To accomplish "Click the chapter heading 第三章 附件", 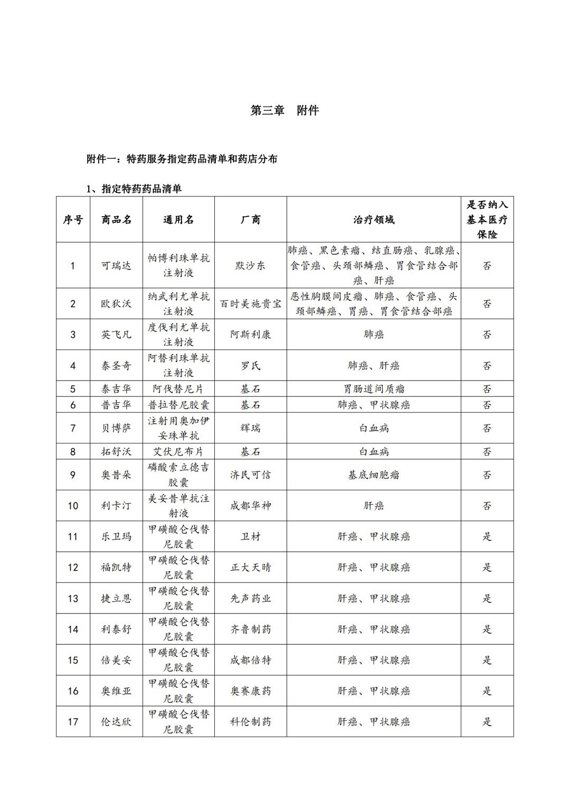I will pyautogui.click(x=284, y=110).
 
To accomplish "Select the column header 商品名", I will pyautogui.click(x=116, y=219).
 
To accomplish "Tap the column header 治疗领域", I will pyautogui.click(x=374, y=219).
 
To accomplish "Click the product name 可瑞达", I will pyautogui.click(x=116, y=265).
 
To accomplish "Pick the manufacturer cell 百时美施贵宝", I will pyautogui.click(x=251, y=304).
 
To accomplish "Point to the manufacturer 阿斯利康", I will pyautogui.click(x=251, y=335).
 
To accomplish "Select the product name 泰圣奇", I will pyautogui.click(x=116, y=366).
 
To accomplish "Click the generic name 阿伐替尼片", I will pyautogui.click(x=178, y=389).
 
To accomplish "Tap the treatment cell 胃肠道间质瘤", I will pyautogui.click(x=374, y=389).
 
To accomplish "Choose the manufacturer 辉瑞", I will pyautogui.click(x=251, y=428).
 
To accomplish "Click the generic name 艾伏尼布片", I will pyautogui.click(x=178, y=452).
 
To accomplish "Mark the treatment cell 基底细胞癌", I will pyautogui.click(x=374, y=475).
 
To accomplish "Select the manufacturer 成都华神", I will pyautogui.click(x=251, y=506).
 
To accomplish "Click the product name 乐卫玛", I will pyautogui.click(x=116, y=536).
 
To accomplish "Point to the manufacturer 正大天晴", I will pyautogui.click(x=251, y=568).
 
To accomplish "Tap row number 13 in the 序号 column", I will pyautogui.click(x=73, y=598).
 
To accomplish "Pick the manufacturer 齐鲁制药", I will pyautogui.click(x=251, y=629).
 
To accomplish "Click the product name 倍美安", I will pyautogui.click(x=116, y=660).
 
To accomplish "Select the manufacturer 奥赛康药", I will pyautogui.click(x=251, y=691).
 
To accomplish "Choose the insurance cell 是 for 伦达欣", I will pyautogui.click(x=487, y=721).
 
